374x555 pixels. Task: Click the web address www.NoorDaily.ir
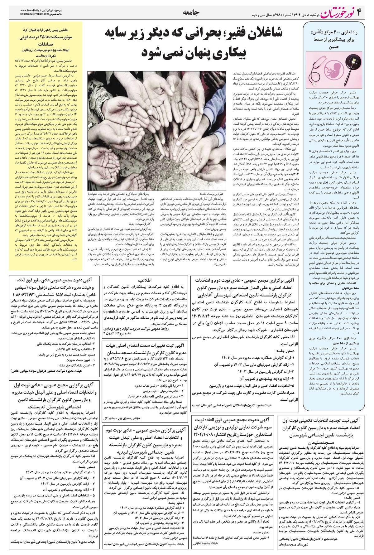[33, 10]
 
